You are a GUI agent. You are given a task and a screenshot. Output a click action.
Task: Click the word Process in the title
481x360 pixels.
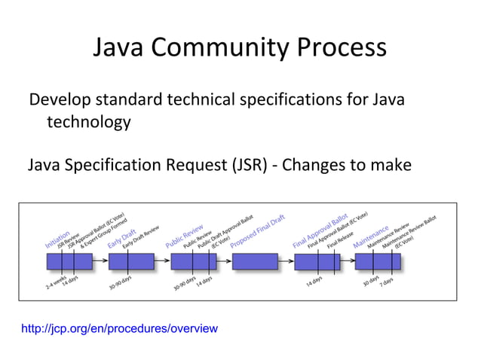(x=342, y=49)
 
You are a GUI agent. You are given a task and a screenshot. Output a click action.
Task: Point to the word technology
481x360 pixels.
(x=89, y=122)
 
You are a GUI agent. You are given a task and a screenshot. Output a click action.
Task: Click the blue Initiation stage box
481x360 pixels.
(x=69, y=261)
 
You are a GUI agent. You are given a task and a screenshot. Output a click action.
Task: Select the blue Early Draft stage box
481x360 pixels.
(x=131, y=261)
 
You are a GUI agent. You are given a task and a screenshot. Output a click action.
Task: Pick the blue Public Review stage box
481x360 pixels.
(x=193, y=261)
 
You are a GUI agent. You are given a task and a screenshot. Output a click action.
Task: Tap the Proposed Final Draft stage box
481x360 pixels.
(x=255, y=261)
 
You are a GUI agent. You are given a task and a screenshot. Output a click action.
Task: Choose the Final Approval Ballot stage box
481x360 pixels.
(x=317, y=261)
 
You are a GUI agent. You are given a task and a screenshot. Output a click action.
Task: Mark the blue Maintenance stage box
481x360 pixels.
(x=378, y=261)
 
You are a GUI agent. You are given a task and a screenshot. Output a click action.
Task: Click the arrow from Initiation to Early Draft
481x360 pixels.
(x=100, y=261)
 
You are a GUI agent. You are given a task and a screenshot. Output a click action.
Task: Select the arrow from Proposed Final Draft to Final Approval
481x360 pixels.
(x=286, y=261)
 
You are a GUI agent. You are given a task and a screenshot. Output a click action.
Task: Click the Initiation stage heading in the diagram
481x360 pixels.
(x=58, y=239)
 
